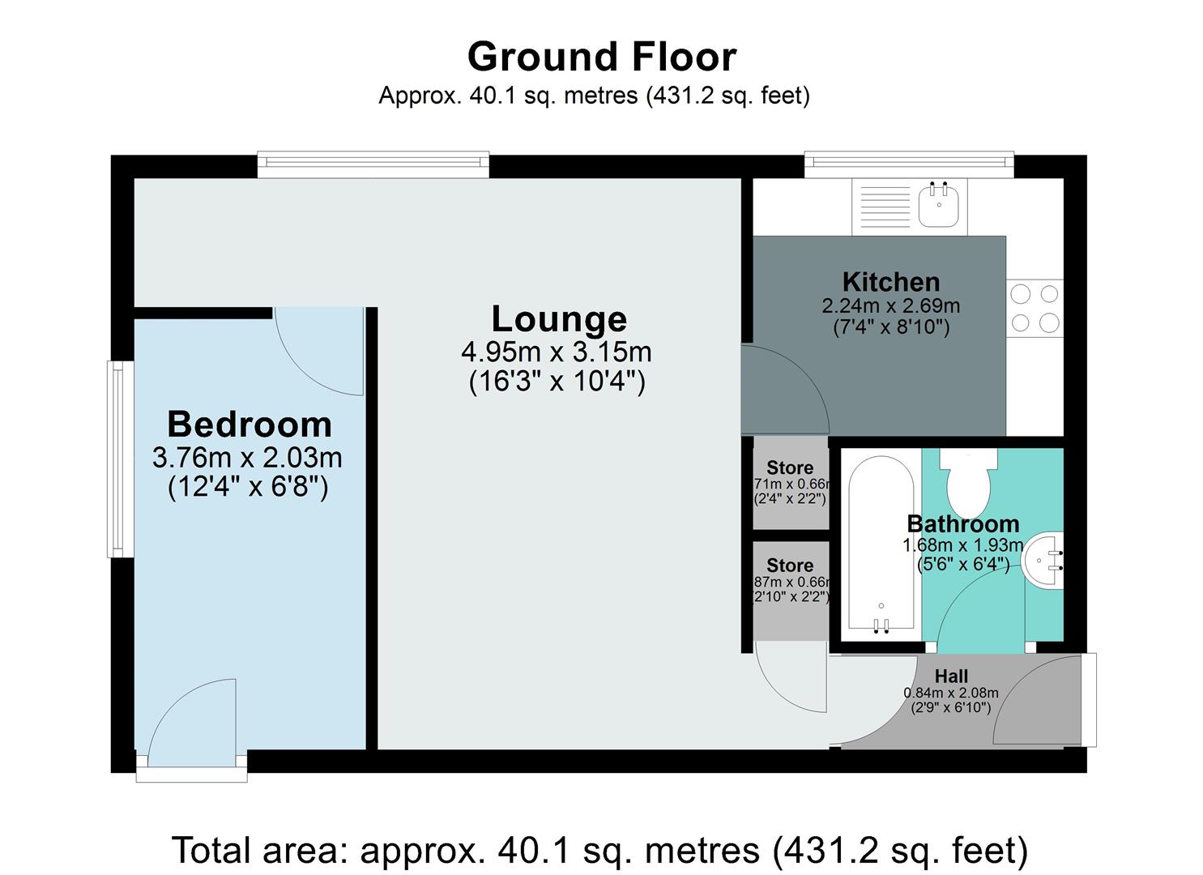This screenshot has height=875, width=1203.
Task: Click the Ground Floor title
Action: point(601,58)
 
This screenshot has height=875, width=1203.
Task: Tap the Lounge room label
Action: point(559,319)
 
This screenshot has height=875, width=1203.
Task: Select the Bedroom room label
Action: point(249,425)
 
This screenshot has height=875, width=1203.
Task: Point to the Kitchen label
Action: point(890,282)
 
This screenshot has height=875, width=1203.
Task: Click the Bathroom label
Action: point(962,523)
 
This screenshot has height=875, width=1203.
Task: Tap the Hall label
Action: point(951,676)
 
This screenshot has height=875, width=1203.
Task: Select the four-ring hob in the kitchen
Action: point(1035,308)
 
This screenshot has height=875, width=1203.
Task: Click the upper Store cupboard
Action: point(790,483)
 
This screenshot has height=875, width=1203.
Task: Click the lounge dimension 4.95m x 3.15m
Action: point(557,352)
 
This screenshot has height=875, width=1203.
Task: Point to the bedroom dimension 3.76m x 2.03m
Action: point(247,458)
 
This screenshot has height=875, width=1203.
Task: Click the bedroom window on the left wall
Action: point(119,459)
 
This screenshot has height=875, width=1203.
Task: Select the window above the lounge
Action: point(373,165)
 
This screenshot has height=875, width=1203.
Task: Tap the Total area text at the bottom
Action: point(599,851)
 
